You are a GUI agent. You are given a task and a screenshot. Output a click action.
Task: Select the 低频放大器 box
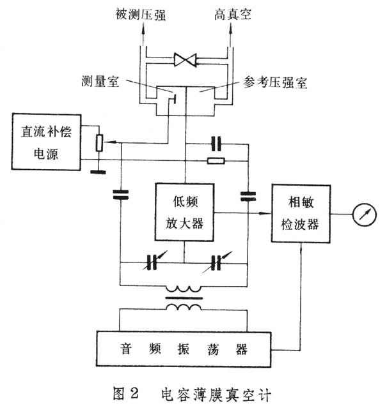pos(184,213)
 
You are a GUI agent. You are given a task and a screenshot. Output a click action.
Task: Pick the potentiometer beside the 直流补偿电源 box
pos(99,143)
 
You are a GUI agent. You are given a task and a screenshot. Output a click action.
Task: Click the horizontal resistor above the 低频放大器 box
pos(216,161)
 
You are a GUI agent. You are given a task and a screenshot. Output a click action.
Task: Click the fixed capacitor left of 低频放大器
pos(120,193)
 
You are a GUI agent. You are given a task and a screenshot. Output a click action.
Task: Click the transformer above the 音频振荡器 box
pos(184,298)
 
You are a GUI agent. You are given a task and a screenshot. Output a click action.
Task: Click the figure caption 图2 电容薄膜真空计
pos(192,395)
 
